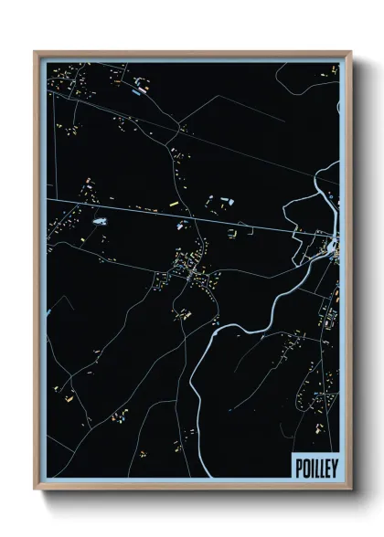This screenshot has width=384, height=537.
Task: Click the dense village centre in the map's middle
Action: [192, 269]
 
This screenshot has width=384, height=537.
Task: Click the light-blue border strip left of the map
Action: [42, 274]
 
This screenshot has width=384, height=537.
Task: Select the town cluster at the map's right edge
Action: [332, 247]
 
